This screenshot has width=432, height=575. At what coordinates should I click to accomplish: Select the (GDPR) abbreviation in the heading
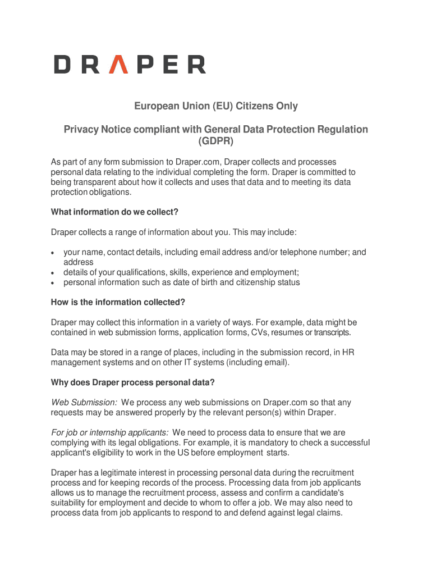coord(215,141)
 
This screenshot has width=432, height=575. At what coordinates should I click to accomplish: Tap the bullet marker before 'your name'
coord(53,253)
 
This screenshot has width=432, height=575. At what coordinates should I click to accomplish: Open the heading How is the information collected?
coord(118,302)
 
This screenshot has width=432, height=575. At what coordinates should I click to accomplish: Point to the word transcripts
coord(332,332)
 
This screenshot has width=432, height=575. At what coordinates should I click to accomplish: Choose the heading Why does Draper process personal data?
coord(133,382)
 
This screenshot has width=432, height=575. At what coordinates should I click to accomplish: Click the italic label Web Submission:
coord(84,403)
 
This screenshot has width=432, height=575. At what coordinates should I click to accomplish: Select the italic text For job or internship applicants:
coord(110,432)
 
